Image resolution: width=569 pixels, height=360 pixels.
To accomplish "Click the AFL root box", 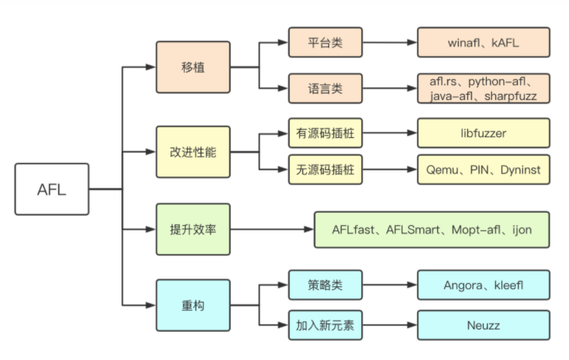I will click(x=52, y=190).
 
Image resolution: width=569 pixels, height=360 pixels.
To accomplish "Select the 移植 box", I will click(x=193, y=67).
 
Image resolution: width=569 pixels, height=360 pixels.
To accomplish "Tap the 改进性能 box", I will click(x=193, y=152).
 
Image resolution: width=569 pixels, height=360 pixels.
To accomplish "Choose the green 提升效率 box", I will click(x=193, y=230).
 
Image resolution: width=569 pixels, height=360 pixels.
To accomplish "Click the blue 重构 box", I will click(x=193, y=305).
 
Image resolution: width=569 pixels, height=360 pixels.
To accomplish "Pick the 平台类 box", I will click(x=325, y=43).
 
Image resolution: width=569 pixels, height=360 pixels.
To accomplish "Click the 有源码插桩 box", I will click(x=325, y=133).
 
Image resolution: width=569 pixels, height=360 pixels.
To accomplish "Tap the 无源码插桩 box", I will click(x=325, y=170).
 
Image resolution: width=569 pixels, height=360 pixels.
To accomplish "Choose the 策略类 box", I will click(x=325, y=284).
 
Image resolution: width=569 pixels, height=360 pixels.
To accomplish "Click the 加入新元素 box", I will click(x=325, y=325).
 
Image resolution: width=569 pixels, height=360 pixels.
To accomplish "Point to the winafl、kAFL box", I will click(x=483, y=43).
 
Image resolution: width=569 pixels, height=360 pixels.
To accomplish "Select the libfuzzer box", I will click(x=483, y=133).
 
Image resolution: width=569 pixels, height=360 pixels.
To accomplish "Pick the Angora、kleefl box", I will click(x=483, y=284).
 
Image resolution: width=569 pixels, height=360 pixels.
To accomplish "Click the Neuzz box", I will click(x=483, y=325).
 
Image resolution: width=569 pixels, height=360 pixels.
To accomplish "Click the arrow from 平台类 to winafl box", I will click(x=390, y=43).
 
